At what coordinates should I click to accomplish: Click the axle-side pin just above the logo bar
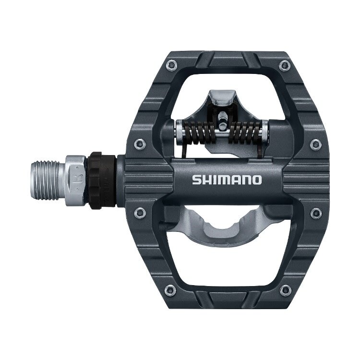click(x=139, y=143)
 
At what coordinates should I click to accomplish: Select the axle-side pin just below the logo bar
click(x=139, y=212)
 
